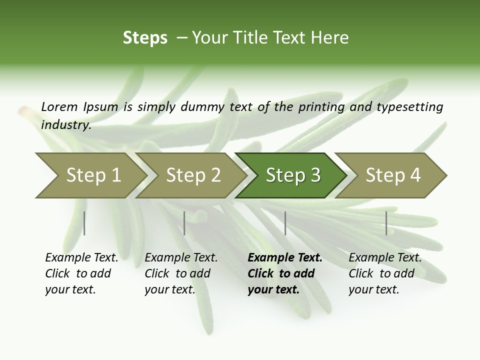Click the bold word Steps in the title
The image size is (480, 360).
[x=145, y=38]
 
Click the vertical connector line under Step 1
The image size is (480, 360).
[x=84, y=223]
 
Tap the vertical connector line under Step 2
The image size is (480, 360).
[x=184, y=223]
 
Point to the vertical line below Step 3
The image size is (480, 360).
[x=285, y=223]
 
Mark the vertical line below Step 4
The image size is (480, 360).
[x=386, y=223]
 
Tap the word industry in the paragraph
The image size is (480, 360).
[x=66, y=124]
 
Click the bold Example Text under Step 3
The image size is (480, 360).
[x=285, y=258]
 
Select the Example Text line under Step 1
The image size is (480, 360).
[x=81, y=258]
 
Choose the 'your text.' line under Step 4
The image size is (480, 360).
[x=373, y=289]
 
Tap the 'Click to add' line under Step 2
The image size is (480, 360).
[x=177, y=273]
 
